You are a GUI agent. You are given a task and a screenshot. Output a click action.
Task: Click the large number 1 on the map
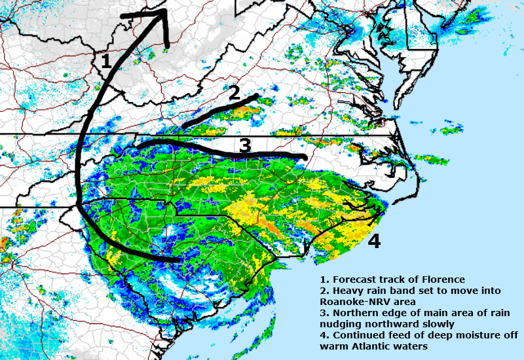pos(105,62)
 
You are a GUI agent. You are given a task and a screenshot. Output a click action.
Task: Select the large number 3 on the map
pos(244,145)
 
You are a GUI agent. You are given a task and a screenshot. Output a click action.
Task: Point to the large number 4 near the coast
pos(373,242)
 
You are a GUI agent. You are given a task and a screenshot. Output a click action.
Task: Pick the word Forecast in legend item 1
pos(354,280)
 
